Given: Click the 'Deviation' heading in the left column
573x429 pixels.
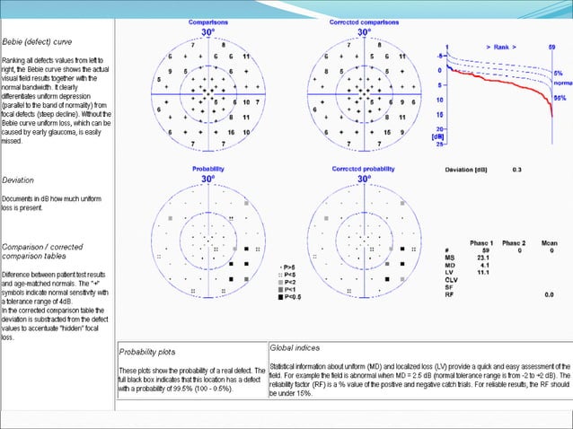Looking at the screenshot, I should point(18,180).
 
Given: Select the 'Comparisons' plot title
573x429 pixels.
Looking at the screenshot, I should point(207,21).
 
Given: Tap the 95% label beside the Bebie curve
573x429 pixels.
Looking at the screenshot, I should point(559,97).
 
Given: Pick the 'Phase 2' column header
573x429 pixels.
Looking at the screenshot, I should point(515,243).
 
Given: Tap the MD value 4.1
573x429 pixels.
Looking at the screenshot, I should point(483,266).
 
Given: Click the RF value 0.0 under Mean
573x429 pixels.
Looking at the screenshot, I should point(548,294).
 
